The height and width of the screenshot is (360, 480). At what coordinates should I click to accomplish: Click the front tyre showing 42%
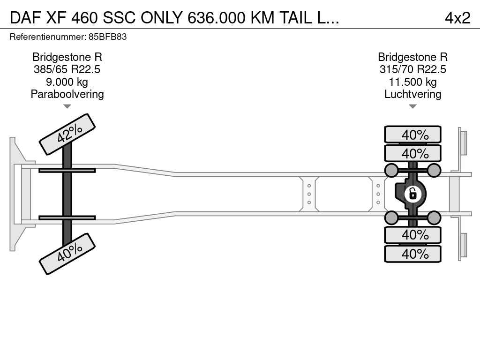[67, 135]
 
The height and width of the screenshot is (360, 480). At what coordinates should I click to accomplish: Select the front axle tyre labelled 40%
[67, 254]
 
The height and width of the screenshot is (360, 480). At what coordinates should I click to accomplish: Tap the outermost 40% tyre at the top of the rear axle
[412, 134]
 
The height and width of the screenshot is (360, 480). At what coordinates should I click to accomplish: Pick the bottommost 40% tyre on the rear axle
[412, 254]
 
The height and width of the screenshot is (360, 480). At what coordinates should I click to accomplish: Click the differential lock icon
[412, 194]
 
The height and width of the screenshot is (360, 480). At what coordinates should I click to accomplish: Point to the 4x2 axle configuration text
[457, 18]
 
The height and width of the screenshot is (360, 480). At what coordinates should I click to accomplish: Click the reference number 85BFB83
[107, 37]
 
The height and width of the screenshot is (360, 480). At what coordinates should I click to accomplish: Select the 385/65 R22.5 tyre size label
[67, 69]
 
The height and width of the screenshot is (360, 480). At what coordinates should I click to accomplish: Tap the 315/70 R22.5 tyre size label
[412, 69]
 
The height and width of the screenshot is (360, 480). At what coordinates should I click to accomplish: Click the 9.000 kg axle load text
[67, 82]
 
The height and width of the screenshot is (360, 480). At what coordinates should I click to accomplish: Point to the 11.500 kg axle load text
[412, 82]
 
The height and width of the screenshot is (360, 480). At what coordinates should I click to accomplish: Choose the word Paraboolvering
[67, 94]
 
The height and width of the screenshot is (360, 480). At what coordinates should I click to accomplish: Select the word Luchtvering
[412, 94]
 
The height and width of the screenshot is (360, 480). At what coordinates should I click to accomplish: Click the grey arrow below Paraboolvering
[67, 106]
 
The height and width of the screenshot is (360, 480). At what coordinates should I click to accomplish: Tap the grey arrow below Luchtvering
[412, 106]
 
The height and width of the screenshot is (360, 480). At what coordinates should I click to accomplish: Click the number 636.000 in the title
[217, 18]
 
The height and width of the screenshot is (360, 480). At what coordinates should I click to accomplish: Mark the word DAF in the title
[25, 18]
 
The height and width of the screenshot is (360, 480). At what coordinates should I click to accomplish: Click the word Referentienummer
[48, 37]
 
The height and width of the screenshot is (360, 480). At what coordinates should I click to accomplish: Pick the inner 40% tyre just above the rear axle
[412, 153]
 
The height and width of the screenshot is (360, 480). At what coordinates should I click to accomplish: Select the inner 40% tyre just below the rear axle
[412, 235]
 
